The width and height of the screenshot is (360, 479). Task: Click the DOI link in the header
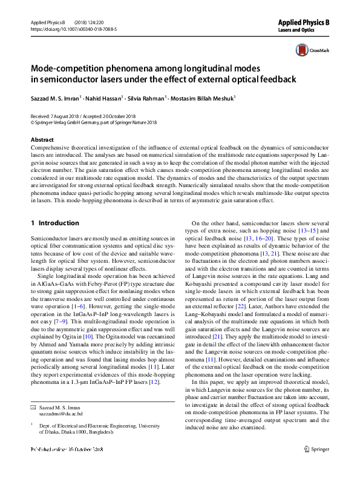click(x=73, y=28)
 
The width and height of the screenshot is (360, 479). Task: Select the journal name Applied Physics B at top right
click(x=303, y=22)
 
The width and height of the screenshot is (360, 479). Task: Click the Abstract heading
click(x=42, y=139)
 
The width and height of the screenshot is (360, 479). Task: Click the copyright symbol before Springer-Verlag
click(x=33, y=121)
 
